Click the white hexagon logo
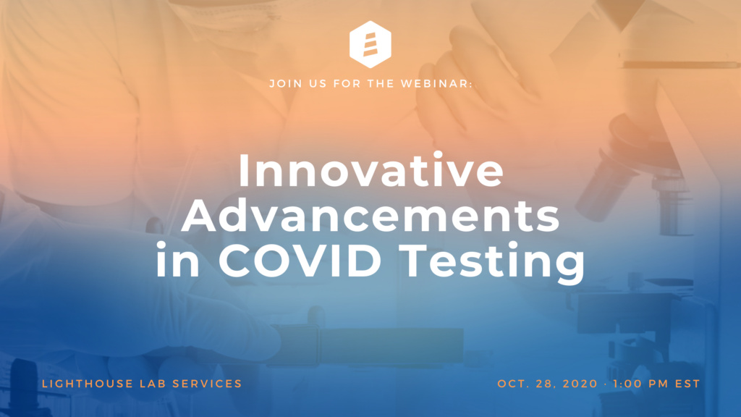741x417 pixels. pos(370,44)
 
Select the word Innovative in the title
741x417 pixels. pos(371,170)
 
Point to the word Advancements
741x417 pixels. pos(371,215)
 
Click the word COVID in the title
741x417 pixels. pos(300,260)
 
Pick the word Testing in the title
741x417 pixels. pos(494,262)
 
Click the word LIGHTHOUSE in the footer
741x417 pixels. pos(88,384)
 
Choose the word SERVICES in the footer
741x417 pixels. pos(208,384)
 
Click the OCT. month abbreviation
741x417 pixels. pos(512,384)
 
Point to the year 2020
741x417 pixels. pos(580,384)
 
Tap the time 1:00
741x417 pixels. pos(628,384)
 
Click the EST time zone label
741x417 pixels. pos(687,384)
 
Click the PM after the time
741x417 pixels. pos(659,384)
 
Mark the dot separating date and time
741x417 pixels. pos(606,384)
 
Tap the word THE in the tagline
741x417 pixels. pos(381,84)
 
